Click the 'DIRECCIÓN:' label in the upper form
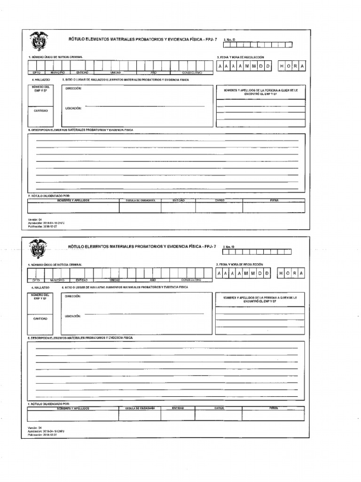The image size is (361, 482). tap(73, 88)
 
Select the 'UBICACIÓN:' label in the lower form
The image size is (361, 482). tap(73, 316)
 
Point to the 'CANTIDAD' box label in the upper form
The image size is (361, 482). tap(40, 111)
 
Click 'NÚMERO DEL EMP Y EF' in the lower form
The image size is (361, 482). tap(40, 297)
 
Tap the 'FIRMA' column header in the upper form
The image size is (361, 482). tap(274, 201)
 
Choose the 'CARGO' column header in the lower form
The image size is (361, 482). tap(219, 408)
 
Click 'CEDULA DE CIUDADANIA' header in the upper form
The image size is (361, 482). tap(141, 201)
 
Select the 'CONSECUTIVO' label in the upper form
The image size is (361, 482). tap(192, 73)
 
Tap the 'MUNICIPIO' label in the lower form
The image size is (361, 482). tap(57, 280)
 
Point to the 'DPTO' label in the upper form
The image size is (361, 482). tap(36, 73)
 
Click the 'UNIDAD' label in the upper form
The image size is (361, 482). tap(116, 73)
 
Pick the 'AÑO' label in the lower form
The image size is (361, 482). tap(153, 280)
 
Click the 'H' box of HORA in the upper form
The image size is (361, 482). tap(282, 66)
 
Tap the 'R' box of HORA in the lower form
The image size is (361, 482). tap(295, 273)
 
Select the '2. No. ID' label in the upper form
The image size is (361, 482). tap(229, 40)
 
